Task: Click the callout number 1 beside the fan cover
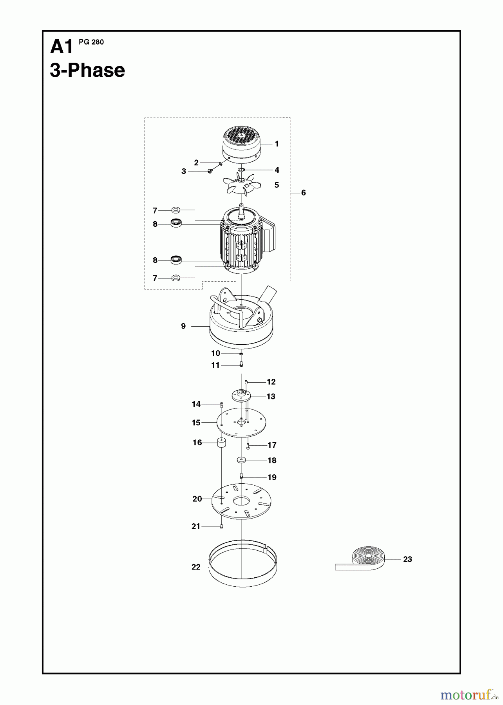277,144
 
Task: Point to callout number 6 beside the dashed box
303,193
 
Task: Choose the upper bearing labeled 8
176,223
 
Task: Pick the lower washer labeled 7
176,278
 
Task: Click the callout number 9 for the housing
183,326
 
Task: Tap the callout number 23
407,559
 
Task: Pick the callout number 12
271,382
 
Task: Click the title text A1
62,47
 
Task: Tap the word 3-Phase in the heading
87,70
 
